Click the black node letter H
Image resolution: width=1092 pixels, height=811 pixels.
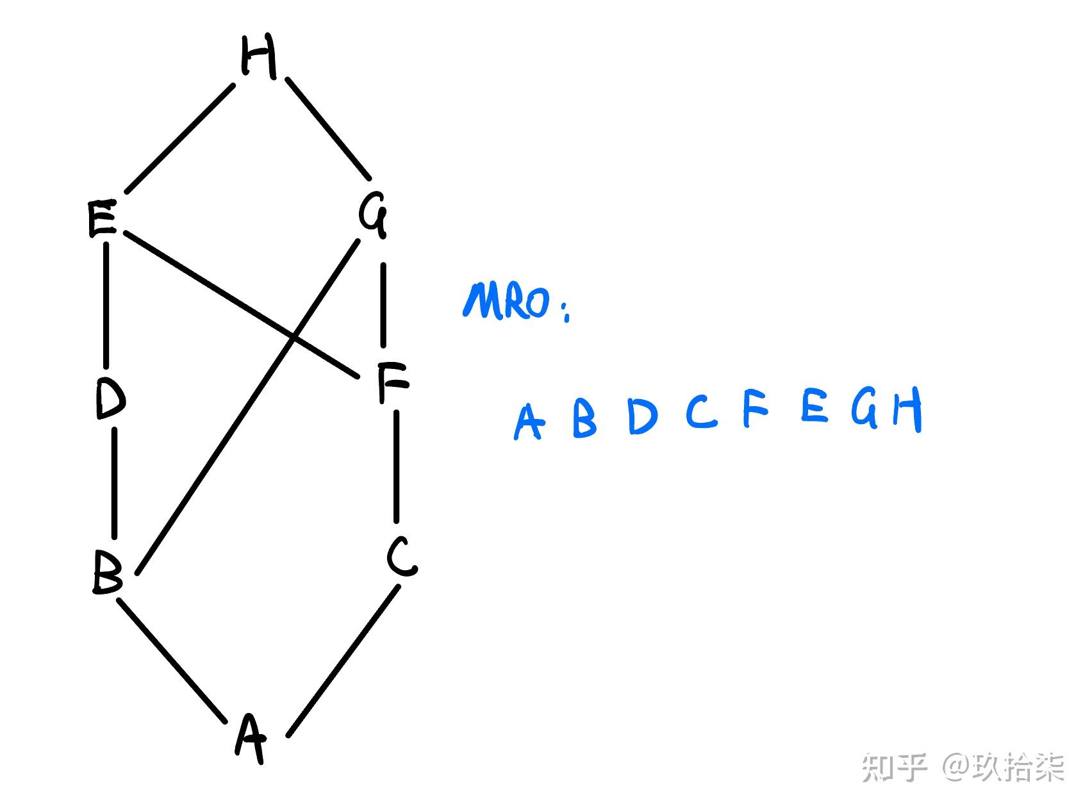click(259, 56)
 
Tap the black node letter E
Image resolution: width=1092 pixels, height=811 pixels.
click(101, 219)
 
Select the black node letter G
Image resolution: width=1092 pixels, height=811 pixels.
click(373, 215)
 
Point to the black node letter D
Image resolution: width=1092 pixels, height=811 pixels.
click(110, 398)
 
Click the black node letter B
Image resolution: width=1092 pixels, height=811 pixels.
click(107, 572)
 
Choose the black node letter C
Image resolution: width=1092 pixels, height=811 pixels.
click(402, 557)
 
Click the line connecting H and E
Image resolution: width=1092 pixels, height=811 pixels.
click(179, 138)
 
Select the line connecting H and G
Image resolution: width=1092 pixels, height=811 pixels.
click(328, 129)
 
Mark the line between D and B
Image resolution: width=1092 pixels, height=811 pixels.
click(115, 484)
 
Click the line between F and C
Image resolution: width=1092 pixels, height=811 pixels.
click(397, 466)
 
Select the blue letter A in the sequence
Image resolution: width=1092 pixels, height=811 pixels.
click(529, 422)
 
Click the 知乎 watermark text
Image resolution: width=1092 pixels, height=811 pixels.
click(894, 767)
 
